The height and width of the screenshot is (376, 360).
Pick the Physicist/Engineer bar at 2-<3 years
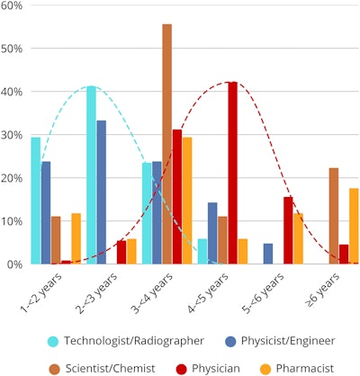[101, 192]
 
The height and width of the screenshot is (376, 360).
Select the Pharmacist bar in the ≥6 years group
[354, 226]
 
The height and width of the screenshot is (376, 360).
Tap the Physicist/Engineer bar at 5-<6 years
[268, 254]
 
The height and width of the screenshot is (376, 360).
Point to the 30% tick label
[13, 135]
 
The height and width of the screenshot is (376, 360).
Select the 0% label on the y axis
[15, 264]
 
